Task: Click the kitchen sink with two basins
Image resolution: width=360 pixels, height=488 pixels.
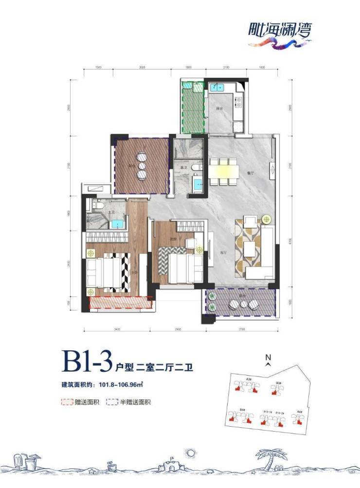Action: (216, 88)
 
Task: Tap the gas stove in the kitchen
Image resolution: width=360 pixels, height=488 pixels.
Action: (239, 103)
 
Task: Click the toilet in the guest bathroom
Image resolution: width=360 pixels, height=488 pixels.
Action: (195, 168)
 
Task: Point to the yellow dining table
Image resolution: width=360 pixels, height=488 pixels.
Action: (224, 171)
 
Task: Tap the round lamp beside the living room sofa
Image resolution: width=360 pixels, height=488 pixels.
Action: (266, 219)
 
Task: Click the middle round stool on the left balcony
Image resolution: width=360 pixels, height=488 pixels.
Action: (142, 166)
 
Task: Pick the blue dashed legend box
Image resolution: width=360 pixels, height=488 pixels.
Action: (111, 402)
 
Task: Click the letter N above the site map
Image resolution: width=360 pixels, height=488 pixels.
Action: (268, 357)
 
